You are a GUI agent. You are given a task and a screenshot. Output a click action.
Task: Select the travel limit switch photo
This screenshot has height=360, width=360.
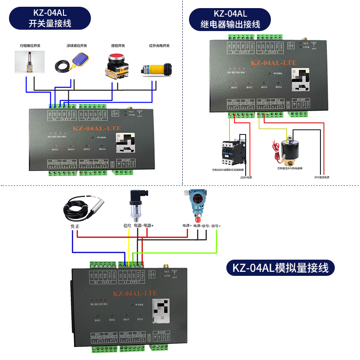(x=29, y=63)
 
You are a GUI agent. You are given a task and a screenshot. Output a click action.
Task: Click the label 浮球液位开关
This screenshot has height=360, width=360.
(x=76, y=45)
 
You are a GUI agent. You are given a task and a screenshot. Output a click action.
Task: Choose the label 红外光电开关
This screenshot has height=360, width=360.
(x=159, y=45)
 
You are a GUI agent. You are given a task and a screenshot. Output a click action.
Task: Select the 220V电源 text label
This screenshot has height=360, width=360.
(x=246, y=177)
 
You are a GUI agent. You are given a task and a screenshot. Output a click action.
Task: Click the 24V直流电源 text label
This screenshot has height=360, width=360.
(x=322, y=177)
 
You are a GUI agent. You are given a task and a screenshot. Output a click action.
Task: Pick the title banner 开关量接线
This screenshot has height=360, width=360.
(x=49, y=18)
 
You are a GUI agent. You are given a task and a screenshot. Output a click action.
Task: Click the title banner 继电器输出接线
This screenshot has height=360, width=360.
(x=230, y=18)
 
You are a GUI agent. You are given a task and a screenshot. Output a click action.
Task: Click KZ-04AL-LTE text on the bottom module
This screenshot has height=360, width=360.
(x=135, y=293)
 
